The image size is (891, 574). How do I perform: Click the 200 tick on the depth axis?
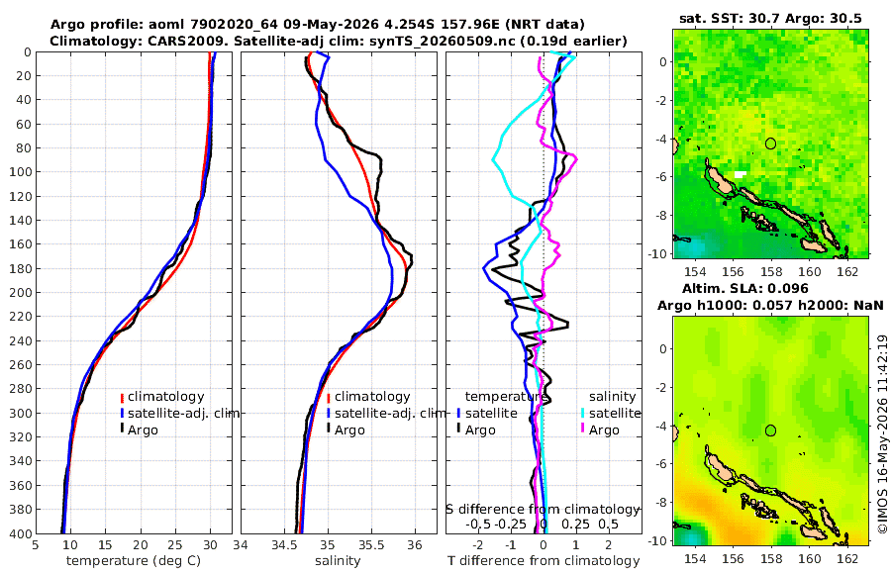[20, 292]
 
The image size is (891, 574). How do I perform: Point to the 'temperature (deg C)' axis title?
[134, 561]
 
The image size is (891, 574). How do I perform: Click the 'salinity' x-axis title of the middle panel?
[338, 561]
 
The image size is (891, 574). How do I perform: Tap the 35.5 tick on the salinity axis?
[371, 545]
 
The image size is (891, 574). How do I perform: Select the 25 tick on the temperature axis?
[175, 545]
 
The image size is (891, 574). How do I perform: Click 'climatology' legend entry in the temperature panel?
[165, 397]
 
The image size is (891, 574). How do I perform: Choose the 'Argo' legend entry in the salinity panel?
[349, 430]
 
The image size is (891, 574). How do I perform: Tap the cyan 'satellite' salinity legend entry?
[614, 413]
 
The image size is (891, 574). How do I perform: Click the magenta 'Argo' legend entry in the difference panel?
[604, 430]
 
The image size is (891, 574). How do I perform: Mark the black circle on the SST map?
[770, 143]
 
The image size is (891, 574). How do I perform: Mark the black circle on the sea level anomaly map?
[770, 430]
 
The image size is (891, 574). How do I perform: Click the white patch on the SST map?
[740, 174]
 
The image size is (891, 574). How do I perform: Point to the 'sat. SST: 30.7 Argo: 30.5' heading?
[770, 18]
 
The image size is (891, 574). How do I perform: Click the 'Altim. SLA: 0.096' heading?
[744, 288]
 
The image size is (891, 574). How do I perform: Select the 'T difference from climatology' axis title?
[544, 561]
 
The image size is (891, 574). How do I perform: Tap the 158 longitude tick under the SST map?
[771, 271]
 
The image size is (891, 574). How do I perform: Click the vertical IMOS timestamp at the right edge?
[882, 433]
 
